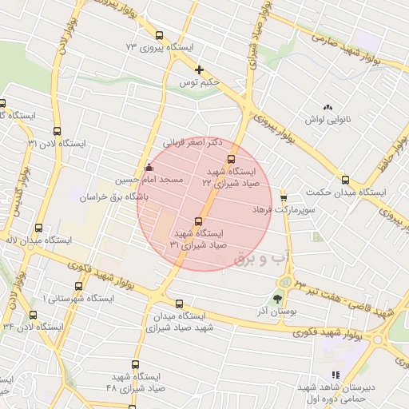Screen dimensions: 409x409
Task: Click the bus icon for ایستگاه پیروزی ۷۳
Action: click(160, 35)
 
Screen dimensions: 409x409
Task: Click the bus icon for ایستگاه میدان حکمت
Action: click(345, 180)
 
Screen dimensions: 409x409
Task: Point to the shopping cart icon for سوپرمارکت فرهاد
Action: click(284, 197)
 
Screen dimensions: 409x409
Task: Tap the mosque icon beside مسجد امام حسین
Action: click(148, 169)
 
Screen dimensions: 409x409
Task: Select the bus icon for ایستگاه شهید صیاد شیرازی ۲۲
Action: click(232, 158)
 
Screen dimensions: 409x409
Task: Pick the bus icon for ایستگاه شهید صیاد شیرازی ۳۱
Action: click(198, 221)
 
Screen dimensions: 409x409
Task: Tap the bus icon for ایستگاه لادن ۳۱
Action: click(56, 131)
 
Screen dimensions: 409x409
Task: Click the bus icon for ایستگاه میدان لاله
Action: click(36, 227)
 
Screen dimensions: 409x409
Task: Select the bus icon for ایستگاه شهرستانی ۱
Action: click(77, 286)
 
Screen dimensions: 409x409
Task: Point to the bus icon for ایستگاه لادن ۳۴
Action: click(33, 313)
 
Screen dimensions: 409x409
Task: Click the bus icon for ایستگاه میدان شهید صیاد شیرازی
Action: click(178, 304)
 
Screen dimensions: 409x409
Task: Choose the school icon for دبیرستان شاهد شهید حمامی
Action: click(336, 374)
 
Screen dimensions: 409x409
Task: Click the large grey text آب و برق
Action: click(260, 257)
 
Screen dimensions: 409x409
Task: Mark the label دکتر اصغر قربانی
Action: click(189, 143)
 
